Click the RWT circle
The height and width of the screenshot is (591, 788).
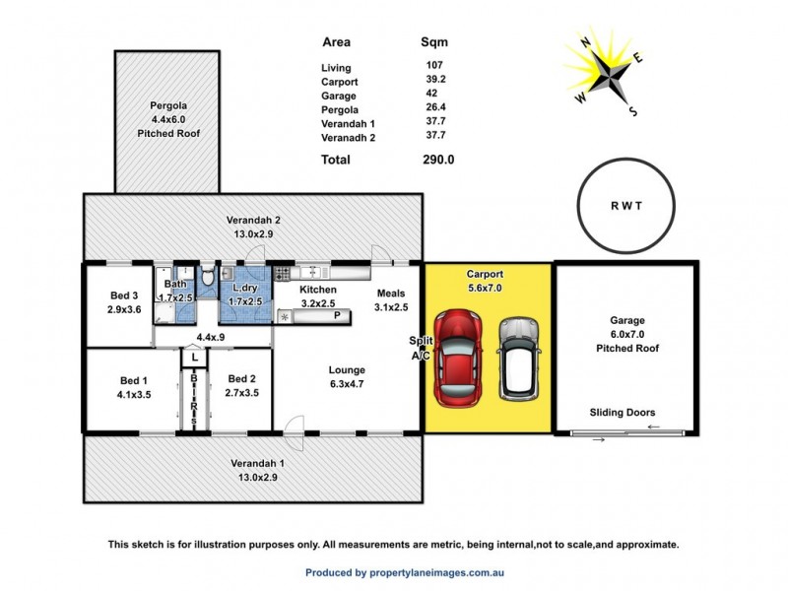tap(625, 208)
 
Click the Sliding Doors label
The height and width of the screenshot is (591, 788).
tap(623, 413)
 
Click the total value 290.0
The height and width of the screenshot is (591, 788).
tap(437, 159)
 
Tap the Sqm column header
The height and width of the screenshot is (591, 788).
tap(434, 42)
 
